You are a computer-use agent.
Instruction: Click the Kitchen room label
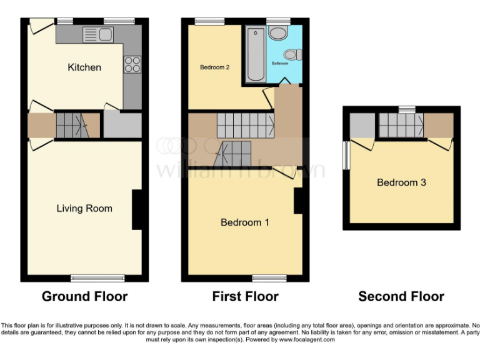click(84, 67)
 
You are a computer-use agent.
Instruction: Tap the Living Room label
click(84, 208)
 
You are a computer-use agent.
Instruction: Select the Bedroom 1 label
click(245, 222)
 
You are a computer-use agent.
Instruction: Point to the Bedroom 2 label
click(212, 67)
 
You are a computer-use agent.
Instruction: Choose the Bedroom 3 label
click(401, 182)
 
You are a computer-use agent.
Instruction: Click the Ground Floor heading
click(84, 296)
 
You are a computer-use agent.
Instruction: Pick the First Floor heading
click(245, 296)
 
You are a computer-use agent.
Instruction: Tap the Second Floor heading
click(401, 296)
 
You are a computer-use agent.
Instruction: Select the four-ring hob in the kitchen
click(132, 64)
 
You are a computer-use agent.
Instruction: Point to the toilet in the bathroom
click(296, 55)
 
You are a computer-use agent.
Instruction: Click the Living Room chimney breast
click(137, 209)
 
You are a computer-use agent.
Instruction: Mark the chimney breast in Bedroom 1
click(298, 200)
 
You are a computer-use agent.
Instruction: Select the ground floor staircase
click(69, 125)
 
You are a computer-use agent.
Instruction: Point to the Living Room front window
click(88, 277)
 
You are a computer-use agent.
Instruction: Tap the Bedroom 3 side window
click(346, 154)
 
